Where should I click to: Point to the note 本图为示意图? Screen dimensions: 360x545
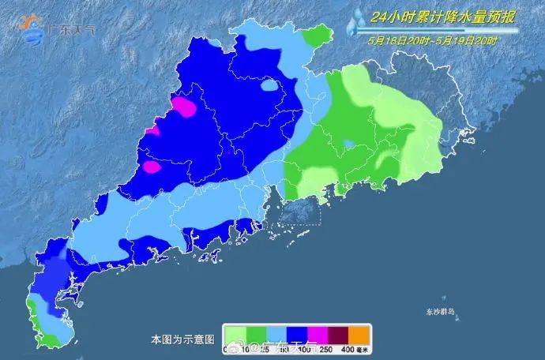[x=182, y=339]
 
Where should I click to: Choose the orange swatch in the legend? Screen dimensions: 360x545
[x=359, y=333]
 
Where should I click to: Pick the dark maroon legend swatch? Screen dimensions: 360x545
[x=337, y=333]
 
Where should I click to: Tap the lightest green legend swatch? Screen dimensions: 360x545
[x=235, y=333]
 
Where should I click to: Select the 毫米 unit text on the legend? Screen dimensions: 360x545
[x=363, y=349]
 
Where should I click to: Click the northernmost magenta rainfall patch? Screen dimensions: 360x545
[x=184, y=107]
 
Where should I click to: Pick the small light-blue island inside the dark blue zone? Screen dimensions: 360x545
[x=271, y=85]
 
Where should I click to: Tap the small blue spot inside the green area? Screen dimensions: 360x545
[x=348, y=145]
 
